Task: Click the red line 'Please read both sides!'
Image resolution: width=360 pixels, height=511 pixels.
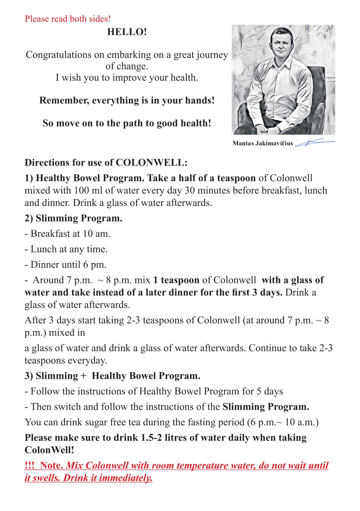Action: pos(67,19)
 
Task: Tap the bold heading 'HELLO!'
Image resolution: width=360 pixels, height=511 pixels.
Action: pos(127,32)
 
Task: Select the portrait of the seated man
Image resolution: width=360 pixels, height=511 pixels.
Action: pos(283,79)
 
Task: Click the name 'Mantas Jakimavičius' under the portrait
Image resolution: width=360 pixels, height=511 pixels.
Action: pos(262,144)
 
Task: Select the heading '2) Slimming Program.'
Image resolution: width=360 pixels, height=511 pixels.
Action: pos(73,219)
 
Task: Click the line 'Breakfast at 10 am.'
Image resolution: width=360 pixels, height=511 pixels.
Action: pos(70,234)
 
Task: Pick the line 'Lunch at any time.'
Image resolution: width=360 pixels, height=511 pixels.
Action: pos(69,249)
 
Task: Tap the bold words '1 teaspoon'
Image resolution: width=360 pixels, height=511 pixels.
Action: pos(176,280)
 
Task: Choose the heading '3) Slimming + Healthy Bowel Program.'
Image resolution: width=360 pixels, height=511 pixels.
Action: pos(112,376)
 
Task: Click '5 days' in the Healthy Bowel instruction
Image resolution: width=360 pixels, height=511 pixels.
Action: pos(269,391)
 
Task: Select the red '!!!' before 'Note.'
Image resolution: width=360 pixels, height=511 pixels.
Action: pos(30,466)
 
